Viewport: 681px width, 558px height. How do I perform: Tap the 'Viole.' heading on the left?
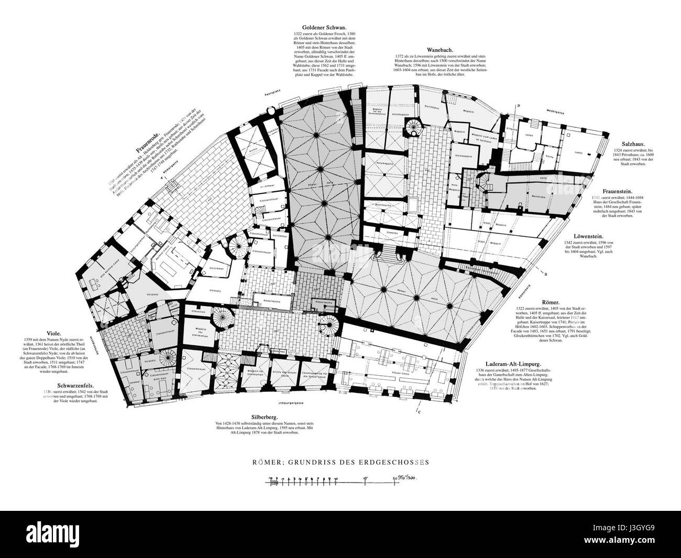(54, 333)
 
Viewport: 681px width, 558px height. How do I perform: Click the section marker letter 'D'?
(518, 106)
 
